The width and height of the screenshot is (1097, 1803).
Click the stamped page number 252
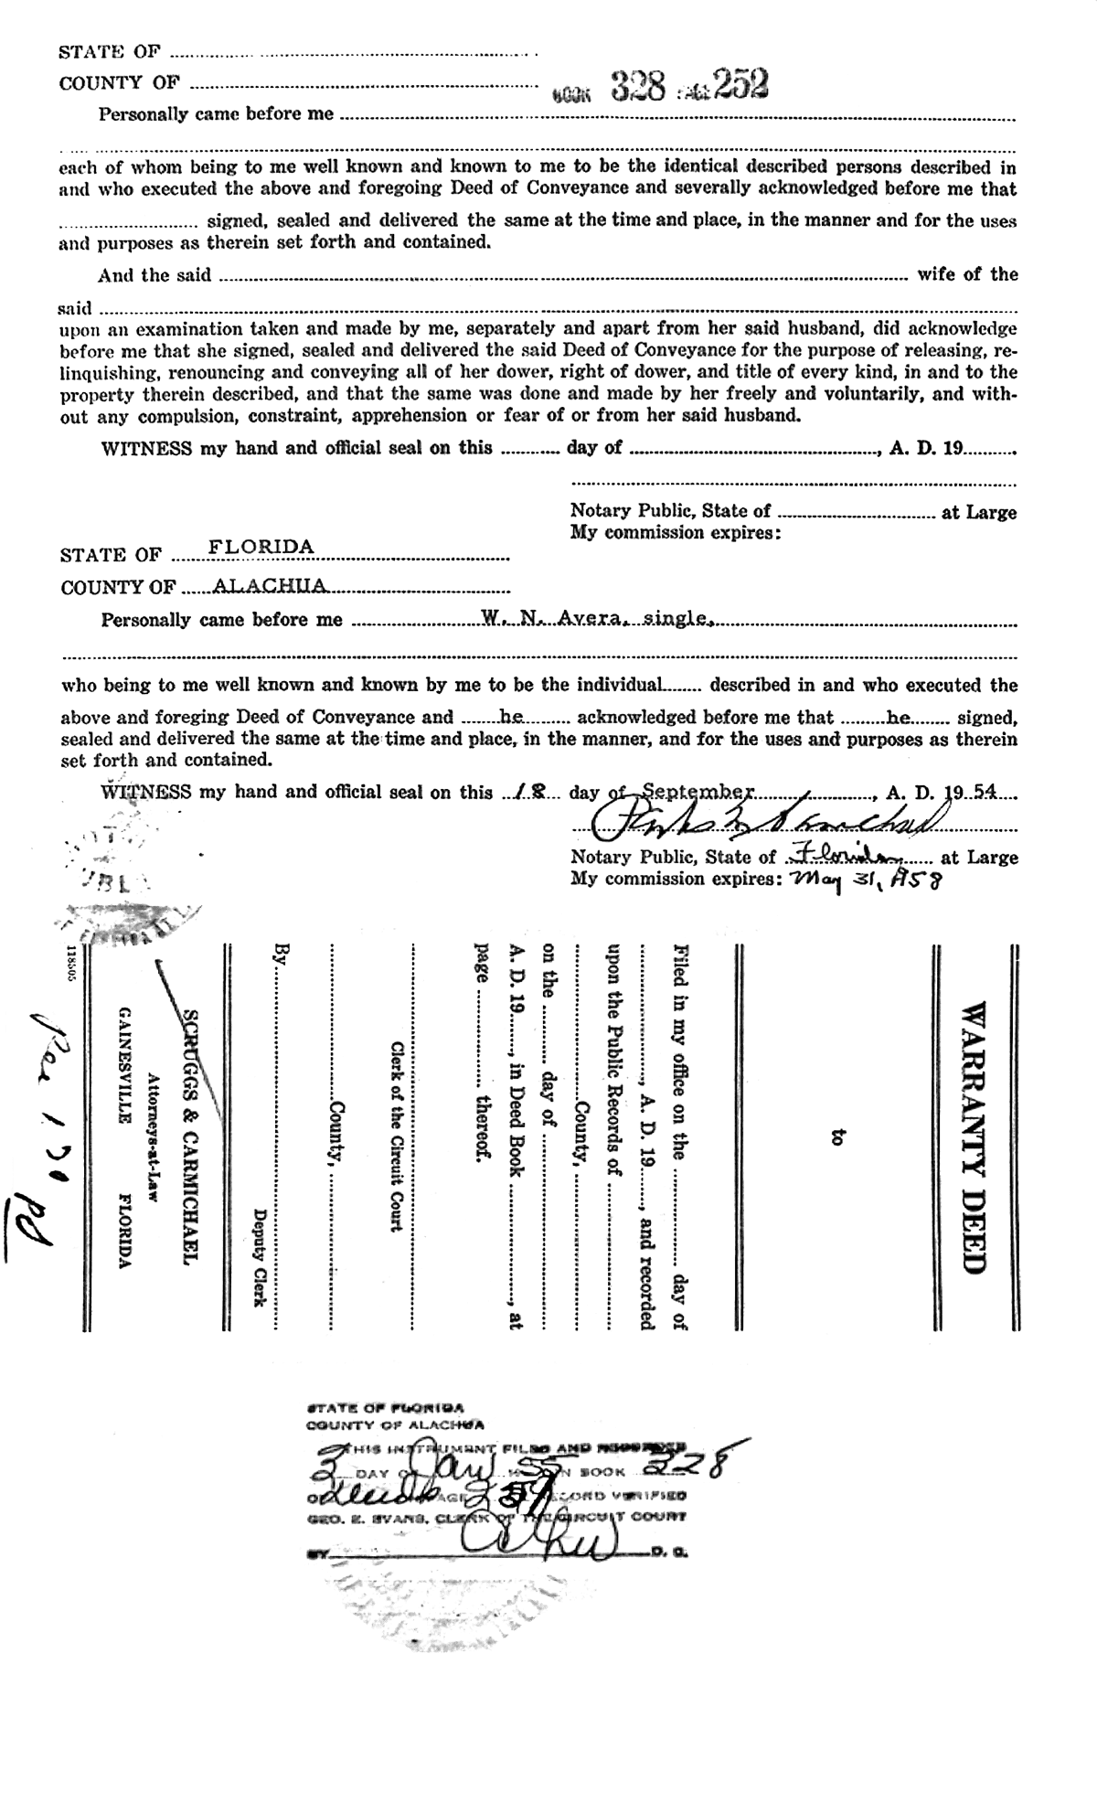click(741, 85)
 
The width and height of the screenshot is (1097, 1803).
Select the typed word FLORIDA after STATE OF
click(261, 547)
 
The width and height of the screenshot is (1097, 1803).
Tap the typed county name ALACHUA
click(257, 585)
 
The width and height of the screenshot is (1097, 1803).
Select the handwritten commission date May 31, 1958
click(856, 880)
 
